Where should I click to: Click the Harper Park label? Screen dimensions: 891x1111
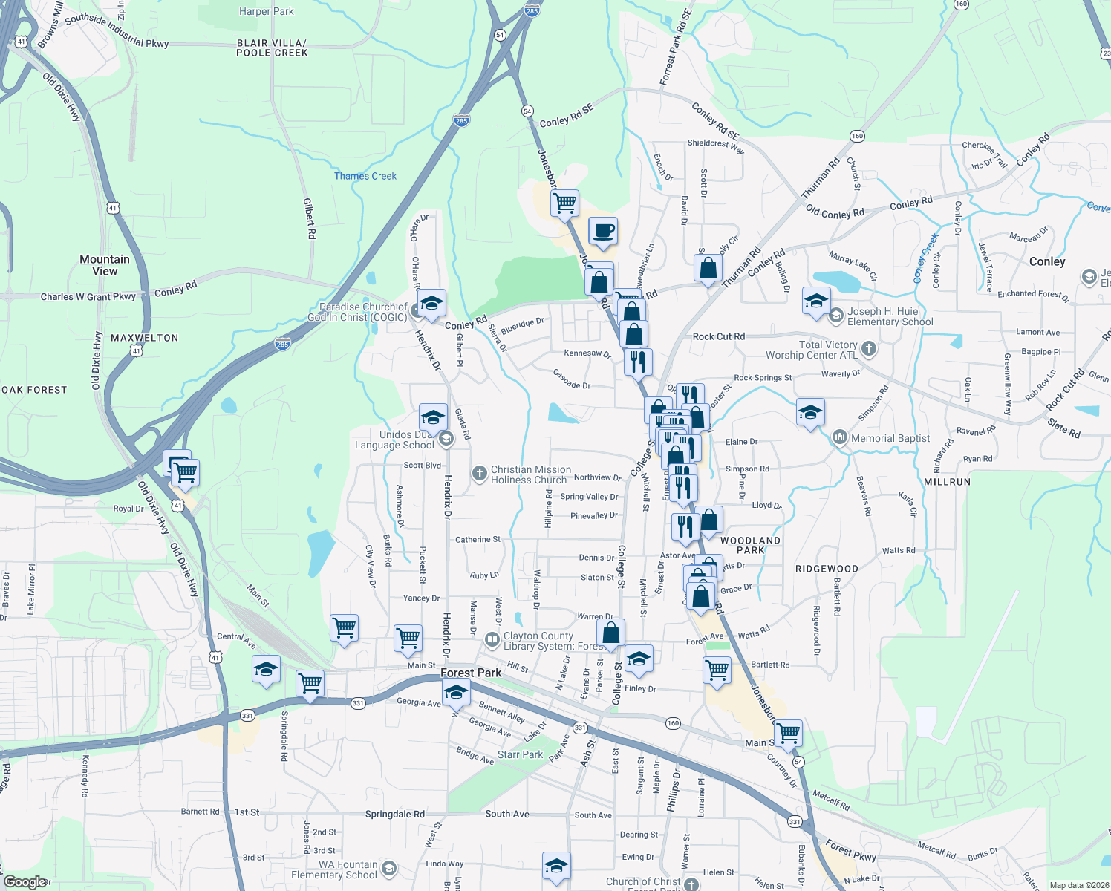[266, 12]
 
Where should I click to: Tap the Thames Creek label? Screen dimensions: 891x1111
[365, 176]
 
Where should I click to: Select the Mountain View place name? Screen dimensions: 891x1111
[105, 265]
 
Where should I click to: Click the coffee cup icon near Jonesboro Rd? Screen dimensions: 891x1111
[603, 231]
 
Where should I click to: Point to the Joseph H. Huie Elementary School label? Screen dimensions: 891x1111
[890, 316]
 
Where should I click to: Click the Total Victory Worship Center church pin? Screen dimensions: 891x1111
[869, 348]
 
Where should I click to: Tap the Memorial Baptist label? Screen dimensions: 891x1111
[890, 438]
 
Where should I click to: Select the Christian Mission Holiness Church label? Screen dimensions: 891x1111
[530, 474]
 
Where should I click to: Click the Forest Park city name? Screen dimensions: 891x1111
[471, 673]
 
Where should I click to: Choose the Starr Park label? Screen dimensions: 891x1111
[520, 754]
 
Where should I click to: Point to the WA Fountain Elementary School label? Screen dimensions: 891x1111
[333, 869]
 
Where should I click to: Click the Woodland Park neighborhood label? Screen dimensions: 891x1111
[750, 545]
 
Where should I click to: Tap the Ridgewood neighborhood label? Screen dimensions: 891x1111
[827, 569]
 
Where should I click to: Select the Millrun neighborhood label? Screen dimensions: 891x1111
[947, 482]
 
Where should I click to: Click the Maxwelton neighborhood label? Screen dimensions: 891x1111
[144, 338]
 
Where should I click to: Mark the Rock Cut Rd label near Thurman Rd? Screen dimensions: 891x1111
[718, 336]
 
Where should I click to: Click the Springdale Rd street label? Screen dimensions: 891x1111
[394, 814]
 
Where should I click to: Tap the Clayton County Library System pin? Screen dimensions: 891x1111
[491, 639]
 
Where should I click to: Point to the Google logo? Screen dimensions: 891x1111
[25, 882]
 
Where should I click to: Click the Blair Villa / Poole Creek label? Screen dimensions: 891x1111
[272, 48]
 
